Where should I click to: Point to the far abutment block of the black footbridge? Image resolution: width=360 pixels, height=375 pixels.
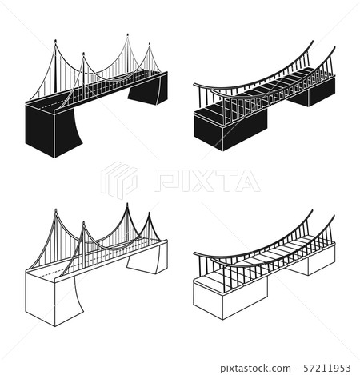318,92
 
